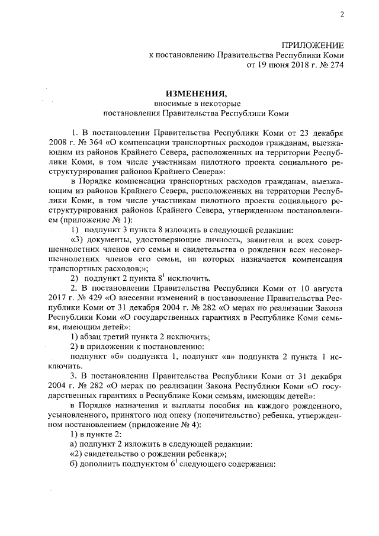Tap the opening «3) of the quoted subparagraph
point(78,239)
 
